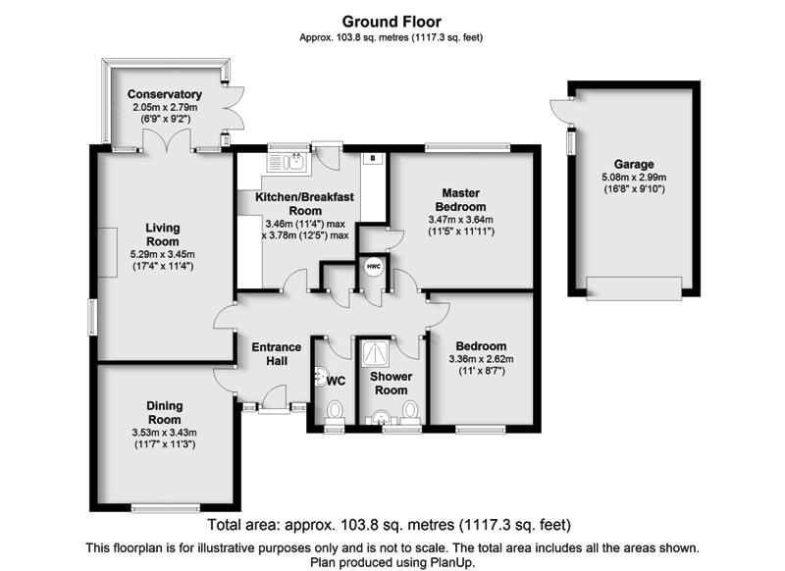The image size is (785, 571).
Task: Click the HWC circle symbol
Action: pos(374,267)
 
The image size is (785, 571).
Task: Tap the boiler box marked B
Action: pos(373,158)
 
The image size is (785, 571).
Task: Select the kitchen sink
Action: pos(288,163)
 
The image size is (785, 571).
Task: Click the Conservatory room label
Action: pos(165,94)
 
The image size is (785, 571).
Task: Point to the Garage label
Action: pos(634,164)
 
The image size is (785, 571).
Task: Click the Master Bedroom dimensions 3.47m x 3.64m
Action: pos(460,219)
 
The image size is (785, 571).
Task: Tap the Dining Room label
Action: pos(164,412)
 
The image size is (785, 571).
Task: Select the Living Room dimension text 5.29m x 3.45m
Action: pos(163,254)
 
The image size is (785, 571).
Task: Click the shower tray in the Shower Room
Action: pos(375,353)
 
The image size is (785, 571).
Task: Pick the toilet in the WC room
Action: pos(335,412)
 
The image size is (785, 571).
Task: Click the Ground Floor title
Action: pos(392,22)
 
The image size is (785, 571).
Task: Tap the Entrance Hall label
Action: pos(277,354)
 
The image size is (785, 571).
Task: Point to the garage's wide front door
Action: pos(634,288)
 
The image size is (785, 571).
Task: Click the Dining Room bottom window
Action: pos(166,508)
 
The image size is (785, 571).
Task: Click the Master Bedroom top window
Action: pos(468,147)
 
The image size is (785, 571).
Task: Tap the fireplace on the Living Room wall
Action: pos(107,252)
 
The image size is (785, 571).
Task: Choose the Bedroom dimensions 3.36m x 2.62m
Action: pos(481,359)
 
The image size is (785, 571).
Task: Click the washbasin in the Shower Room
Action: pos(382,417)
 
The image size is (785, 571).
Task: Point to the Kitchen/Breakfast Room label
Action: pos(304,204)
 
